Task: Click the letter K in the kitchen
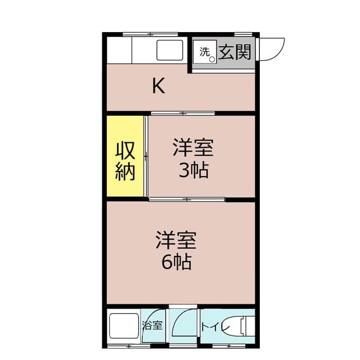[x=159, y=86]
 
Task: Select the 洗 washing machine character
[x=204, y=51]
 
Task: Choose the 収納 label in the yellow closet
[x=125, y=161]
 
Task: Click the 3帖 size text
[x=193, y=169]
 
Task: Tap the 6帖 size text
[x=175, y=262]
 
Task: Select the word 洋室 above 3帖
[x=192, y=148]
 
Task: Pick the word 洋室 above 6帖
[x=175, y=240]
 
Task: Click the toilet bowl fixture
[x=247, y=326]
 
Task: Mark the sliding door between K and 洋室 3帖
[x=182, y=113]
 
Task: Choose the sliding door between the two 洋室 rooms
[x=187, y=199]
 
